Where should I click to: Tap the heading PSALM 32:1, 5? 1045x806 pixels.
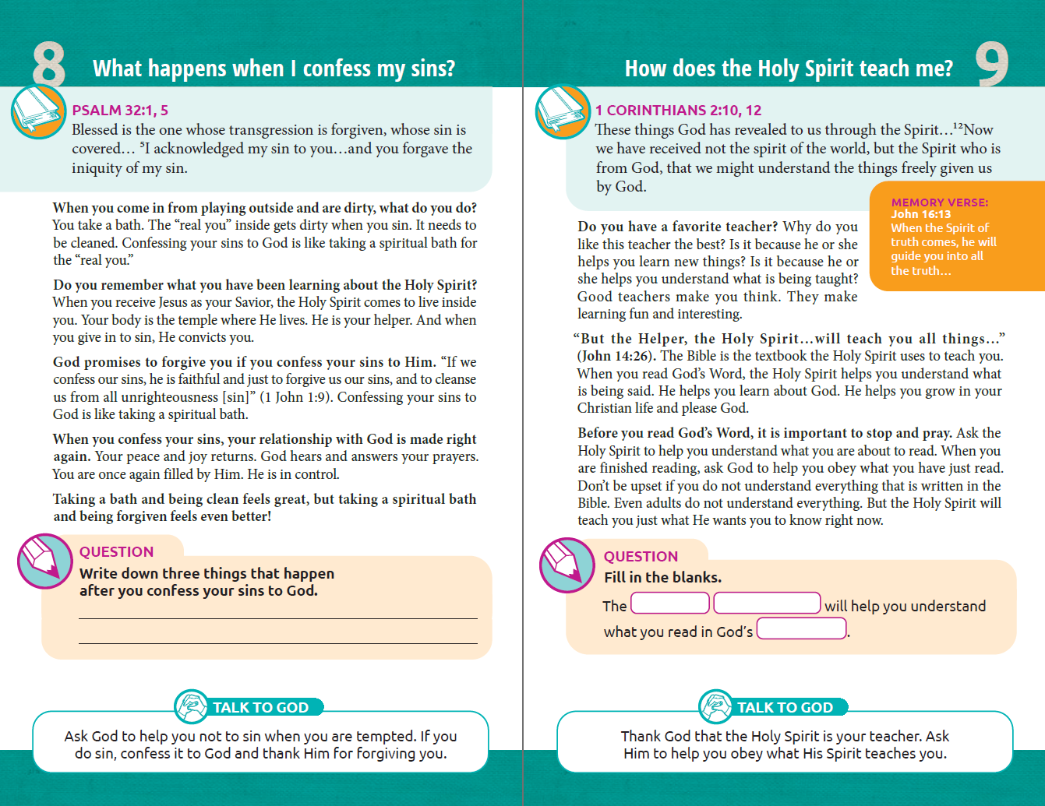pos(120,110)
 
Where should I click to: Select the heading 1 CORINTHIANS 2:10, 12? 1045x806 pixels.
pos(678,110)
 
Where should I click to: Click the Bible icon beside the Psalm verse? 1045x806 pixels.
pos(37,112)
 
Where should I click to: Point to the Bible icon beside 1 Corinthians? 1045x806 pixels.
pos(562,112)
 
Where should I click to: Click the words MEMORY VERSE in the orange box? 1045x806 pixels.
pos(939,202)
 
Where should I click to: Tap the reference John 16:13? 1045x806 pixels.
pos(920,214)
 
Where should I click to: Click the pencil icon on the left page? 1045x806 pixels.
pos(44,561)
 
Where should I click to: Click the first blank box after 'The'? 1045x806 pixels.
pos(669,604)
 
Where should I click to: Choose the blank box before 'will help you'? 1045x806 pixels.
pos(767,604)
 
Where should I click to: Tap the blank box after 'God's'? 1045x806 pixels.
pos(801,628)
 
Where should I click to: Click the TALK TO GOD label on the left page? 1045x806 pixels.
pos(260,707)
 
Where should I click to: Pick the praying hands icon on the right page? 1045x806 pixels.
pos(715,706)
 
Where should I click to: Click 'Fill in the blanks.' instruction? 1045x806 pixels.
pos(662,577)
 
